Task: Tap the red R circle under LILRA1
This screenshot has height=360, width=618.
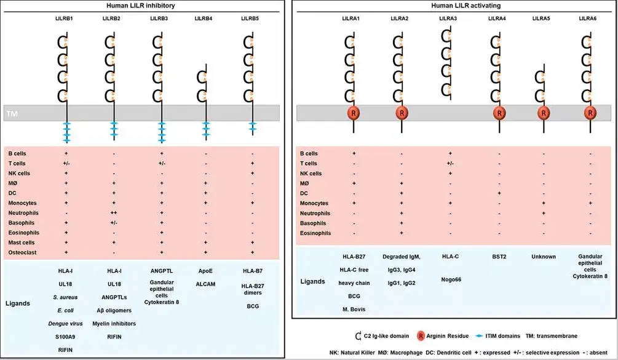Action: pos(353,113)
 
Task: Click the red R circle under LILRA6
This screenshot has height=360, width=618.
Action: pos(590,113)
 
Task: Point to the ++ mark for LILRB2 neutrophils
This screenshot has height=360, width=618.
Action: pos(113,213)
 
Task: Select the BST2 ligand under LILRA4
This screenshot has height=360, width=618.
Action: pos(497,257)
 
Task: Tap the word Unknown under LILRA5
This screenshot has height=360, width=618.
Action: pos(544,257)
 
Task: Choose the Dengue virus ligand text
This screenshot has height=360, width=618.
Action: pos(65,324)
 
